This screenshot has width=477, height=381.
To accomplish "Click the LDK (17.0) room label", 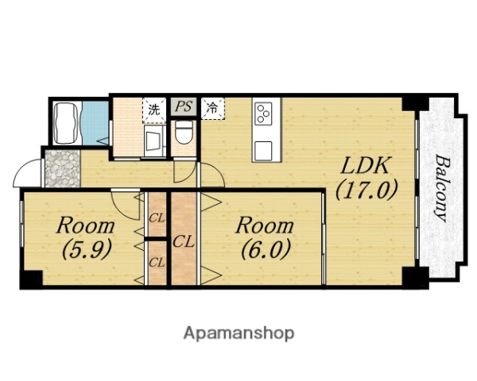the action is tap(366, 178).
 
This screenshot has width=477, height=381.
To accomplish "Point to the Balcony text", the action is tap(442, 188).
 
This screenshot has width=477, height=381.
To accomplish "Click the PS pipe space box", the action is tap(184, 106).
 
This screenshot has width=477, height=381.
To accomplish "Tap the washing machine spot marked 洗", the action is tap(154, 110).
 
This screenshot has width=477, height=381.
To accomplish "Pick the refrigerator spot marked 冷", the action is tap(212, 108).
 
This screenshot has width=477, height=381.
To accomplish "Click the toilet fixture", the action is tap(184, 133).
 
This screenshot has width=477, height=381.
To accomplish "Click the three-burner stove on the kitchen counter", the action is tap(263, 113).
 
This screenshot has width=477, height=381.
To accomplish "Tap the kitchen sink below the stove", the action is tap(263, 149).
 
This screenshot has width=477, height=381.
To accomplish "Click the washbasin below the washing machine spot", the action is tap(154, 141).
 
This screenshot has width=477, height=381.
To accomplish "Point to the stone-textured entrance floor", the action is tap(63, 168).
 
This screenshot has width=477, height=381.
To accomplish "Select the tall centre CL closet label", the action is tap(184, 242).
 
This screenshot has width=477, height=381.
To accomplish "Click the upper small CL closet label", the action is tap(157, 217).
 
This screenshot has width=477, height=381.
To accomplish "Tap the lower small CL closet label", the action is tap(157, 263).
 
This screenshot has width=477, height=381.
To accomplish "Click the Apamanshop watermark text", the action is tap(238, 334).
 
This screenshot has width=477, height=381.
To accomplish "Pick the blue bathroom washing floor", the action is tap(95, 123).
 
